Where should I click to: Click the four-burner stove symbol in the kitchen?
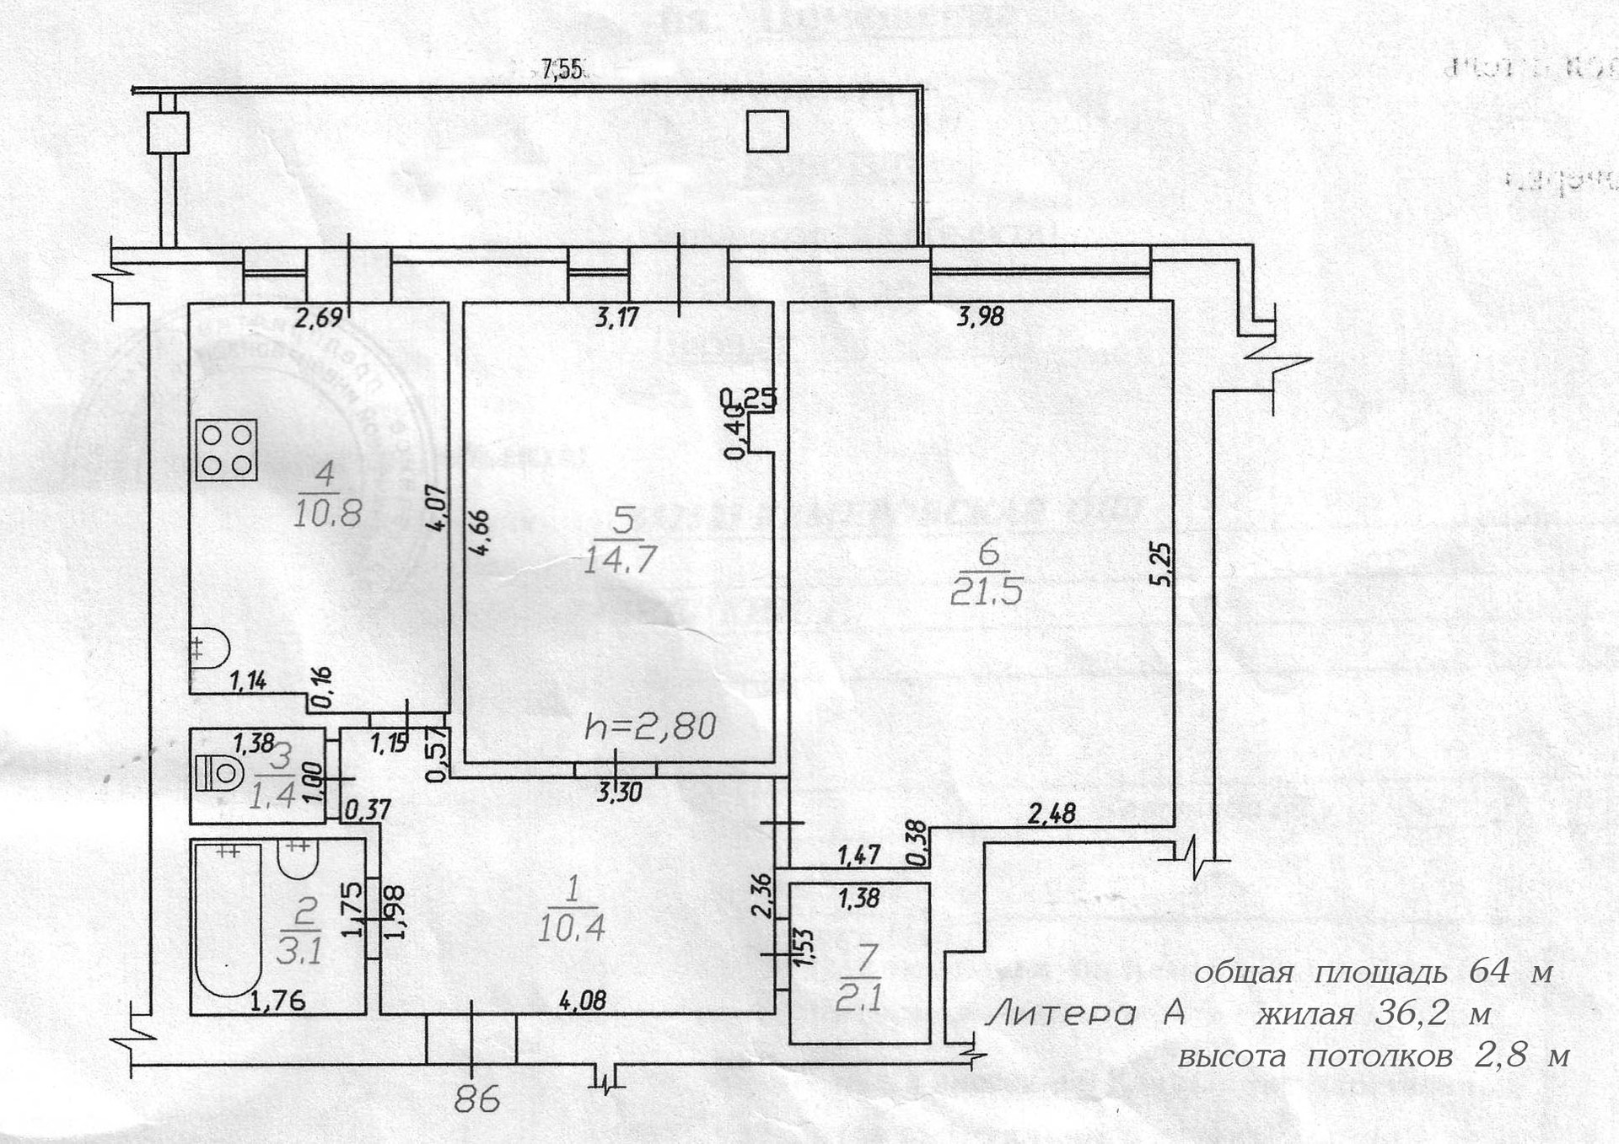pos(226,450)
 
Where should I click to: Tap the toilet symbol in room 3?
pos(218,772)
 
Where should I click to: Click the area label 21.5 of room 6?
pos(986,592)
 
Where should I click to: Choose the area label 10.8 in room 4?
pos(327,513)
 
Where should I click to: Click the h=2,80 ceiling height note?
pos(650,726)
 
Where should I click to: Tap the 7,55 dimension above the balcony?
pos(562,69)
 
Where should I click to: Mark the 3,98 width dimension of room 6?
pos(981,317)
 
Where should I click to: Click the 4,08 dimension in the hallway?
pos(583,1001)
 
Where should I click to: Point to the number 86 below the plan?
pos(476,1098)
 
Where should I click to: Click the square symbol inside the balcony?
pos(767,132)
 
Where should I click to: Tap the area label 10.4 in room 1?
pos(571,928)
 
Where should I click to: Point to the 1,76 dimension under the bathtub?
pos(277,1002)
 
